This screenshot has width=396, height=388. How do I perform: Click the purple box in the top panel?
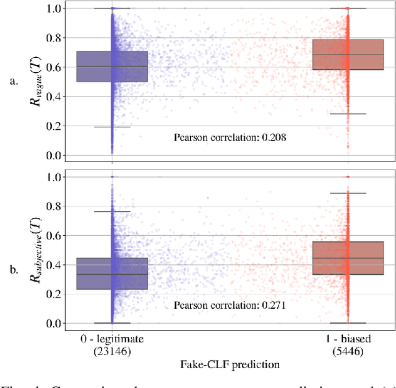[93, 67]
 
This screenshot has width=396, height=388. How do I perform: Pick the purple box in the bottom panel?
[93, 274]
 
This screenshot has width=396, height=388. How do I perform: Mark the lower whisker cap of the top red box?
[347, 114]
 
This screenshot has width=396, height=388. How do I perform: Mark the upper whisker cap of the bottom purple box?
[112, 212]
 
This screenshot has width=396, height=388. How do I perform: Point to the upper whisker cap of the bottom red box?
[347, 193]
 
